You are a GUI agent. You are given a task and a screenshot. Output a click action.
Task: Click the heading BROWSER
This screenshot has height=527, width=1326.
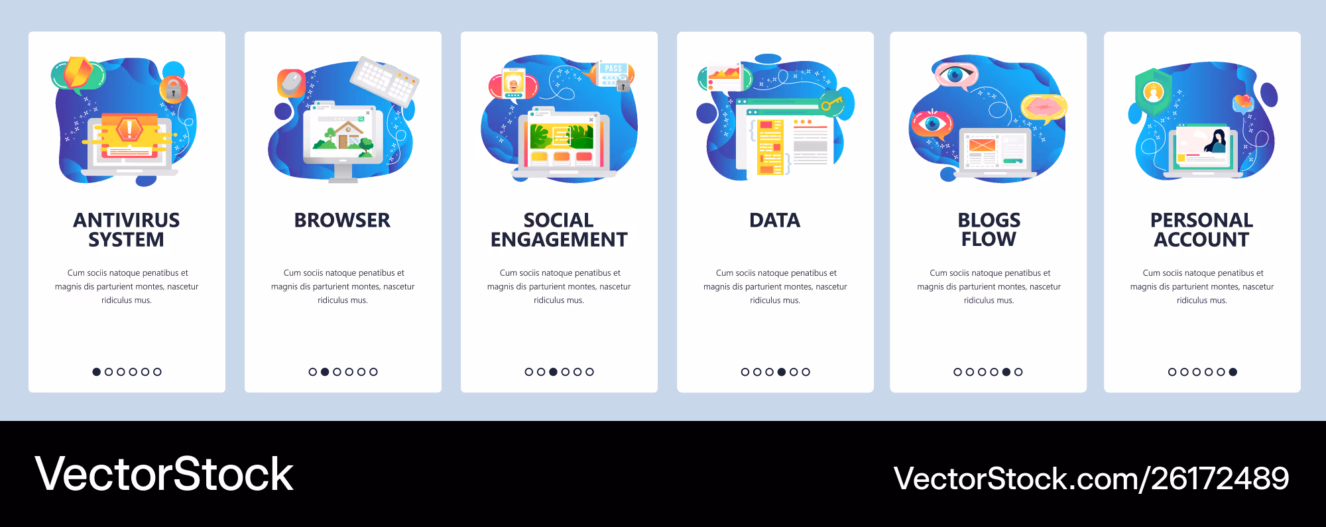pyautogui.click(x=342, y=220)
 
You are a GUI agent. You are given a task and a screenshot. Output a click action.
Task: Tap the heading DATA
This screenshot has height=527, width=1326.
pyautogui.click(x=775, y=220)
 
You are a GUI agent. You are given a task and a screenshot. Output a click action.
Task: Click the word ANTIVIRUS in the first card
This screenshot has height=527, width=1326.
pyautogui.click(x=127, y=220)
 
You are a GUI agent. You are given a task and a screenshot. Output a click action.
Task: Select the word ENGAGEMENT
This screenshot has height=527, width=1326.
pyautogui.click(x=559, y=239)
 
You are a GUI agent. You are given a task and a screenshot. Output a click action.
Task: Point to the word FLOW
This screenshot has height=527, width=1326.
pyautogui.click(x=989, y=239)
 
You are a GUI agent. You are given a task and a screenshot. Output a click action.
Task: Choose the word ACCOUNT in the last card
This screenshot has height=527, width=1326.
pyautogui.click(x=1201, y=239)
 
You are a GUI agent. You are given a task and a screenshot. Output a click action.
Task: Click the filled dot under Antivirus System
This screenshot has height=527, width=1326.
pyautogui.click(x=97, y=372)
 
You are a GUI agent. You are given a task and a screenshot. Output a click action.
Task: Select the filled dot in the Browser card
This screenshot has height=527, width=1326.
pyautogui.click(x=325, y=372)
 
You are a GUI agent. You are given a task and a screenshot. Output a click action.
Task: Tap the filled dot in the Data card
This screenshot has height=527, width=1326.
pyautogui.click(x=782, y=372)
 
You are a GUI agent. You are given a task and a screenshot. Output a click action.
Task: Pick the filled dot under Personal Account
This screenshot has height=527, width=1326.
pyautogui.click(x=1233, y=372)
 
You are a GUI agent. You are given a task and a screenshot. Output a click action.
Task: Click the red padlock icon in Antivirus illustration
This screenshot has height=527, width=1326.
pyautogui.click(x=173, y=89)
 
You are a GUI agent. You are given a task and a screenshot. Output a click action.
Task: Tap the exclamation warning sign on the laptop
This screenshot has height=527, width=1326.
pyautogui.click(x=129, y=129)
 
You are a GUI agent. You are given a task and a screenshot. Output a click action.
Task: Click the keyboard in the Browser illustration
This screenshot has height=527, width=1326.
pyautogui.click(x=385, y=82)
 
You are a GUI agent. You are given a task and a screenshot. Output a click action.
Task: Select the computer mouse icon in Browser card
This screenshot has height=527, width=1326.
pyautogui.click(x=291, y=84)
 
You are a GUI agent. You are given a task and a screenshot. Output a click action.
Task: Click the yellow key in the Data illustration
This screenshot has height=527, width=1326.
pyautogui.click(x=831, y=103)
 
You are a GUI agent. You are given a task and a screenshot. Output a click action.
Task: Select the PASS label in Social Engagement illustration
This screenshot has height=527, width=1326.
pyautogui.click(x=613, y=68)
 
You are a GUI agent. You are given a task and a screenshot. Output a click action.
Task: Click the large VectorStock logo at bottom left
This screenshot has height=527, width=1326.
pyautogui.click(x=164, y=474)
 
